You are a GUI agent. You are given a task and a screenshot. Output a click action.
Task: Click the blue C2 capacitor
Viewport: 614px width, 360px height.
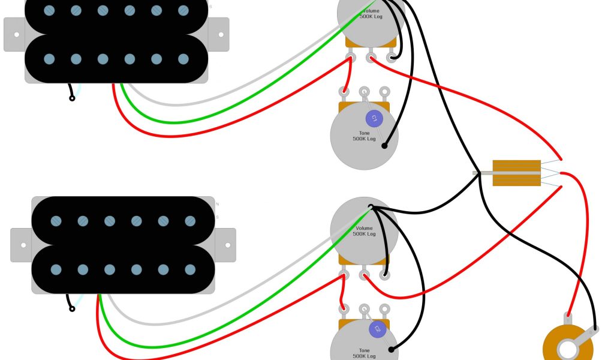click(377, 328)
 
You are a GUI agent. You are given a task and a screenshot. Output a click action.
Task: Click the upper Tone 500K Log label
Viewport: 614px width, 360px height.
click(364, 136)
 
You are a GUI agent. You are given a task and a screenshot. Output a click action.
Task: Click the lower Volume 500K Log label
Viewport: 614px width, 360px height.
click(364, 231)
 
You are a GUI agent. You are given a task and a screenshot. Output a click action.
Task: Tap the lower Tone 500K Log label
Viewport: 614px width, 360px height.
click(364, 352)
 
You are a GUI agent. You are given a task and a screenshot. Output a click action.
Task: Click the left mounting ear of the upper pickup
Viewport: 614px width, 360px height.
click(14, 34)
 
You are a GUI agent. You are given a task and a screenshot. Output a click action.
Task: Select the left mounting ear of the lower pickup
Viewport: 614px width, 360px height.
click(22, 245)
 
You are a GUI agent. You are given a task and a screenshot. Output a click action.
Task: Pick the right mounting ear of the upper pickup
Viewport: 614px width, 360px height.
click(219, 34)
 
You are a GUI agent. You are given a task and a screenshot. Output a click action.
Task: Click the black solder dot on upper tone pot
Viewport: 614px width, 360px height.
click(385, 145)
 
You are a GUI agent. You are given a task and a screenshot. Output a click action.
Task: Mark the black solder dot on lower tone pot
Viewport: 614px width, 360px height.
click(392, 349)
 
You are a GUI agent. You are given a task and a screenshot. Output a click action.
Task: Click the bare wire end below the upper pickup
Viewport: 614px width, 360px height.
click(72, 98)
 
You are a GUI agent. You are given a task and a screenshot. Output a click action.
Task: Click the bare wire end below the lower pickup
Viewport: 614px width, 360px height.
click(72, 309)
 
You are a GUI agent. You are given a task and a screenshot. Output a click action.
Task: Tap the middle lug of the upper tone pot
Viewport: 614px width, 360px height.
click(364, 92)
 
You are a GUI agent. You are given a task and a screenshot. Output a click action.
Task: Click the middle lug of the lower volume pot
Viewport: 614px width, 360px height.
click(364, 275)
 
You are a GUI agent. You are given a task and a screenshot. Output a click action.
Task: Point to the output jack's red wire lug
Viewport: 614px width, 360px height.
click(567, 316)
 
